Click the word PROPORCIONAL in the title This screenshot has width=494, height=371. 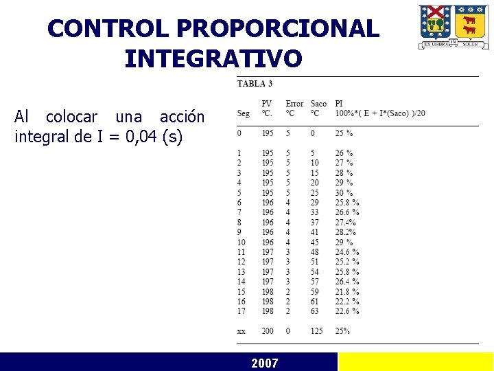(278, 29)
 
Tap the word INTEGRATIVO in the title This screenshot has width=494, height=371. (213, 58)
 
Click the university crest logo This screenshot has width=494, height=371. (454, 26)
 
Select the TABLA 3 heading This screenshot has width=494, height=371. (255, 84)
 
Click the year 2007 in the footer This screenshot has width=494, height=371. (265, 363)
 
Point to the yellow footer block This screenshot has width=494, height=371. (416, 362)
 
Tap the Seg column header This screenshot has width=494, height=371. (243, 113)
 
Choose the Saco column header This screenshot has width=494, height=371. (318, 104)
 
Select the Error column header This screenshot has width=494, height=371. (294, 104)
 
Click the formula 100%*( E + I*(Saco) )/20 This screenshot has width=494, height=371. (380, 113)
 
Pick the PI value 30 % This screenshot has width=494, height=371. (344, 192)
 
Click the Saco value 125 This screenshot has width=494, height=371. (317, 331)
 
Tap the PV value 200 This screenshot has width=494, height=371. (268, 331)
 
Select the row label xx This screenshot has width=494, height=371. (242, 331)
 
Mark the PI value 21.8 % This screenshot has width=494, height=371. (347, 291)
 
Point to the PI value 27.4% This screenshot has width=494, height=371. (345, 222)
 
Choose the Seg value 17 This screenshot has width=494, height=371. (241, 311)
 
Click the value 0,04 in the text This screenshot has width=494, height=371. (143, 137)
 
